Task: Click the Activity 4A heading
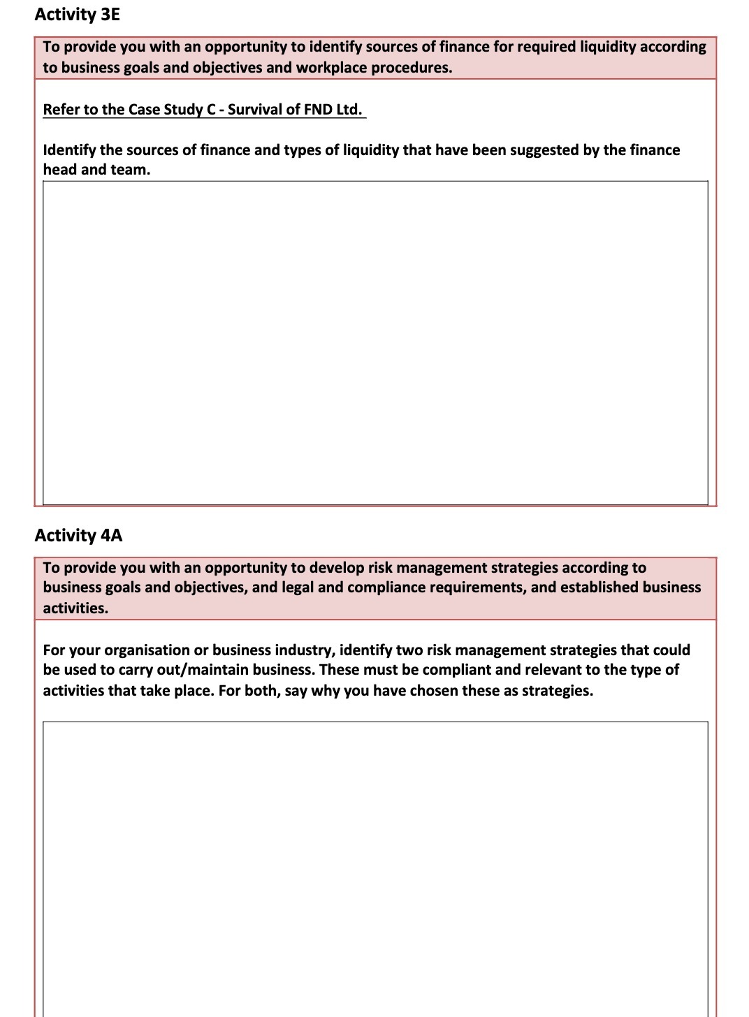click(78, 536)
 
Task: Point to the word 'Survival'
click(254, 110)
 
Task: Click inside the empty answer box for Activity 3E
click(375, 342)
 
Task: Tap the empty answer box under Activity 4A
click(375, 866)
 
